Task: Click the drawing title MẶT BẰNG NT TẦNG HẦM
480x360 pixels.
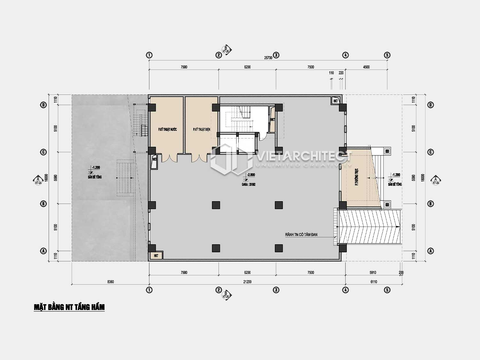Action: tap(69, 307)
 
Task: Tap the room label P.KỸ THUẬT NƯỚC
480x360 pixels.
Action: tap(167, 130)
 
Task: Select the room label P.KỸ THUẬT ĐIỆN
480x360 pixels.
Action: tap(202, 130)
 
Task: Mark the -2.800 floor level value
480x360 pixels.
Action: tap(251, 175)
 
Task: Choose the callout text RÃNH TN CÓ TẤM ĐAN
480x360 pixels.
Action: tap(301, 235)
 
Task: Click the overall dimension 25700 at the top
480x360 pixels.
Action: tap(268, 58)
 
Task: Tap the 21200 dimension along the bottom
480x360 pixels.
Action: tap(247, 282)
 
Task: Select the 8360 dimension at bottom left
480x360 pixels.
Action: tap(110, 282)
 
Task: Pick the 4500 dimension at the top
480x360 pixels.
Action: tap(366, 67)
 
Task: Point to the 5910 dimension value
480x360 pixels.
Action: tap(373, 273)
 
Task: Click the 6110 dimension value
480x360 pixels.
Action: tap(374, 282)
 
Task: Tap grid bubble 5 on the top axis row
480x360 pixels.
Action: tap(387, 55)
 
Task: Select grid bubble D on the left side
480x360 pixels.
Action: tap(43, 105)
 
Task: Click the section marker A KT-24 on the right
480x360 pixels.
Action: tap(435, 180)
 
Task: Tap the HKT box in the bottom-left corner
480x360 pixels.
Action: tap(156, 256)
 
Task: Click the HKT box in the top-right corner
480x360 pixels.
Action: tap(335, 101)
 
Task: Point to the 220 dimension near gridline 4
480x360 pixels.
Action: tap(341, 73)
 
